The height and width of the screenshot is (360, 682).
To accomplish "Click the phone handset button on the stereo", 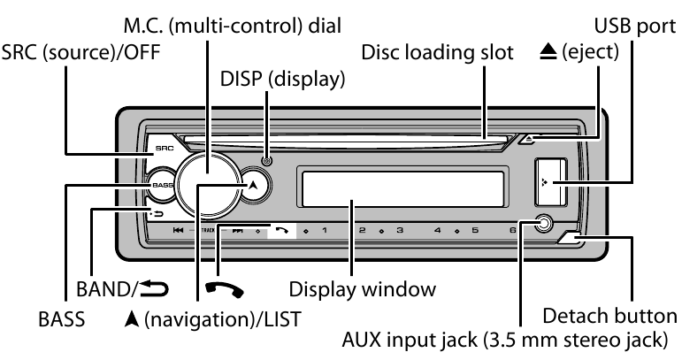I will pos(281,232).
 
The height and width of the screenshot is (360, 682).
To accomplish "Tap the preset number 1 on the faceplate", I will pos(324,231).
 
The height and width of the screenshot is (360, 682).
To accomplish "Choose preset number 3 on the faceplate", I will pos(400,231).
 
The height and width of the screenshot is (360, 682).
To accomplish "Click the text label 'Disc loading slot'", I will pos(437,52).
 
